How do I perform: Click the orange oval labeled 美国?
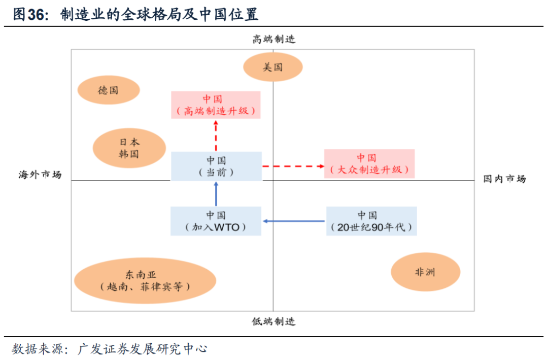click(x=273, y=67)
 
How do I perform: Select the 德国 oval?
click(x=108, y=90)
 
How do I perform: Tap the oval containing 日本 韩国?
click(x=129, y=148)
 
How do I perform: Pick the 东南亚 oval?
click(x=145, y=280)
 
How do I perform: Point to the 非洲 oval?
click(x=425, y=272)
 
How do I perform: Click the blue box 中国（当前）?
click(x=216, y=166)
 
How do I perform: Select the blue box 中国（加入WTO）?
click(x=216, y=221)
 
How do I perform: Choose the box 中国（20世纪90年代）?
click(x=371, y=221)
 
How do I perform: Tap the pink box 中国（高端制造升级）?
click(x=216, y=105)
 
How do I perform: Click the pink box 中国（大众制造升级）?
click(x=369, y=163)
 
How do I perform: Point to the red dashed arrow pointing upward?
click(x=216, y=135)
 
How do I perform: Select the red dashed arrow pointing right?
click(x=293, y=166)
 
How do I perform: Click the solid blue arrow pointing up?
click(x=216, y=193)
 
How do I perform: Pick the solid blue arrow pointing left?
click(x=294, y=221)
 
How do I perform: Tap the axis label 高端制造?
click(x=274, y=39)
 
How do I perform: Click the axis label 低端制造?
click(x=274, y=321)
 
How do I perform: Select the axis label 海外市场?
click(x=40, y=175)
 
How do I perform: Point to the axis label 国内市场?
click(x=504, y=179)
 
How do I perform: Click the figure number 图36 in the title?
click(x=29, y=15)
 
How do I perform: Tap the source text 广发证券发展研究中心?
click(x=143, y=349)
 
